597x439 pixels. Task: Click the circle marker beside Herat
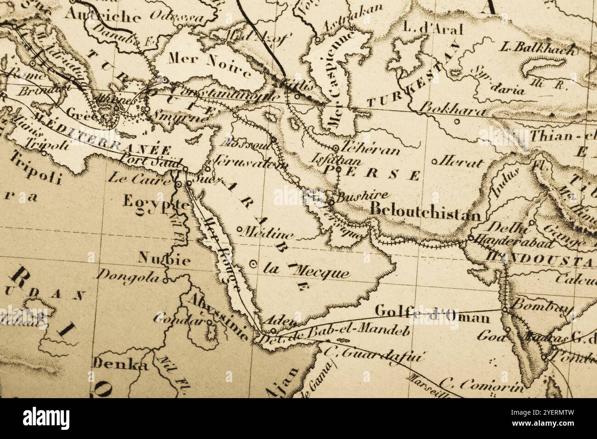coord(434,162)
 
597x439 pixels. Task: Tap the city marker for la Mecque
coord(253,264)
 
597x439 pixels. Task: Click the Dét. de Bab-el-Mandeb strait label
coord(334,334)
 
